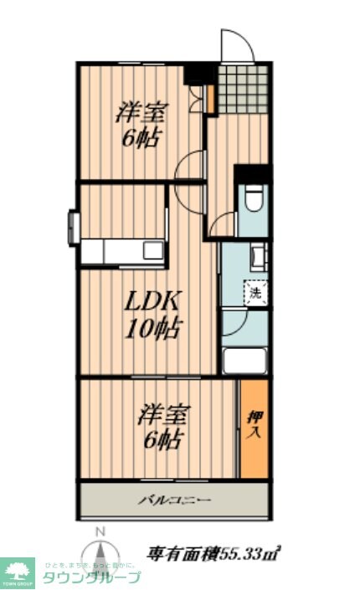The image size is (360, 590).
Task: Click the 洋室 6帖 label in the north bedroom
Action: pos(140,124)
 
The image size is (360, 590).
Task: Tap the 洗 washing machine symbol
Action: pos(255,293)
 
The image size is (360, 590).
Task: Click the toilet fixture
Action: pos(254,200)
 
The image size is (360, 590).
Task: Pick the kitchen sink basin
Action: pos(154,249)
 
